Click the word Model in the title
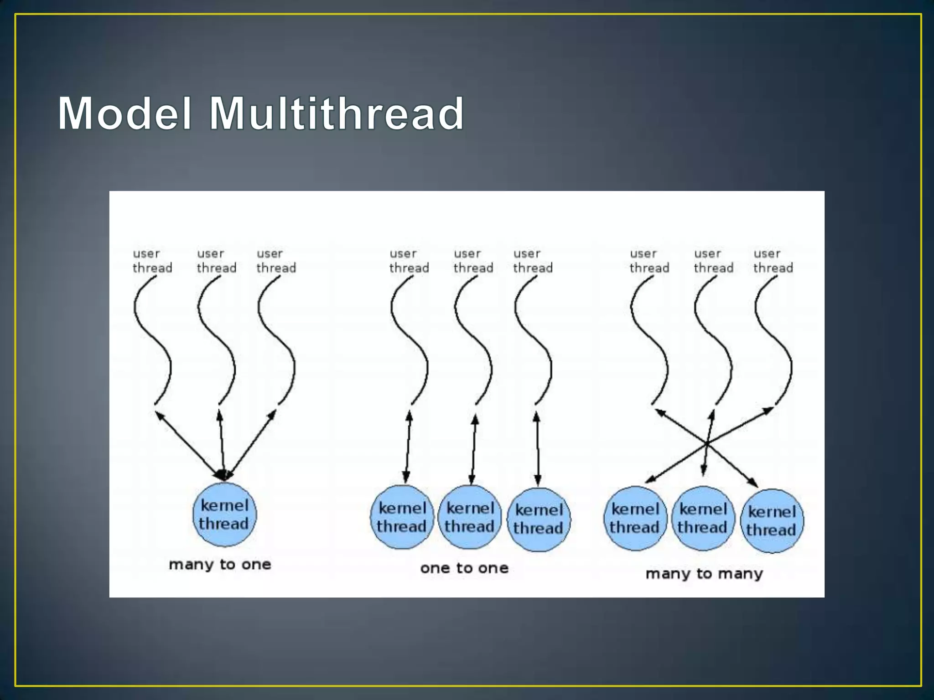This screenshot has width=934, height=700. pyautogui.click(x=124, y=113)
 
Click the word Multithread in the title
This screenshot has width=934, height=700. pyautogui.click(x=337, y=113)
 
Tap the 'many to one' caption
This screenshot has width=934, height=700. pyautogui.click(x=220, y=565)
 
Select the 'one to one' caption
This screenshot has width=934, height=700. pyautogui.click(x=464, y=568)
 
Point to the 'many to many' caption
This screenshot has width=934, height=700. pyautogui.click(x=704, y=573)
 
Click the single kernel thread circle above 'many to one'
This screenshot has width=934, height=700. pyautogui.click(x=224, y=515)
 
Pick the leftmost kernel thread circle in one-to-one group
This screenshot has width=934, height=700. pyautogui.click(x=402, y=517)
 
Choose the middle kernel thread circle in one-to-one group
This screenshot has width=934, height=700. pyautogui.click(x=470, y=517)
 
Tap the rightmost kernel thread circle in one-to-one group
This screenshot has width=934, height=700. pyautogui.click(x=539, y=520)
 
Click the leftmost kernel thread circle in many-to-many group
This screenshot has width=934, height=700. pyautogui.click(x=635, y=519)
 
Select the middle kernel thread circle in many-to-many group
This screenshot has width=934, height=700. pyautogui.click(x=703, y=519)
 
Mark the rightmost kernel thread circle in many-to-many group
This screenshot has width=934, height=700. pyautogui.click(x=772, y=521)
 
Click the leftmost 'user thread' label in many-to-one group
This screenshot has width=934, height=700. pyautogui.click(x=152, y=261)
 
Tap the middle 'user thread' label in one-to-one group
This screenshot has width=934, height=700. pyautogui.click(x=473, y=261)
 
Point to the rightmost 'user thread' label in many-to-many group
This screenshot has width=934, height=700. pyautogui.click(x=773, y=261)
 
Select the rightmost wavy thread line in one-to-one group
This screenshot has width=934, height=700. pyautogui.click(x=533, y=342)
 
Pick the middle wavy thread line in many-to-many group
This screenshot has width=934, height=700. pyautogui.click(x=713, y=342)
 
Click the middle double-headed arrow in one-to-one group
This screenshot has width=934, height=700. pyautogui.click(x=473, y=449)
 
